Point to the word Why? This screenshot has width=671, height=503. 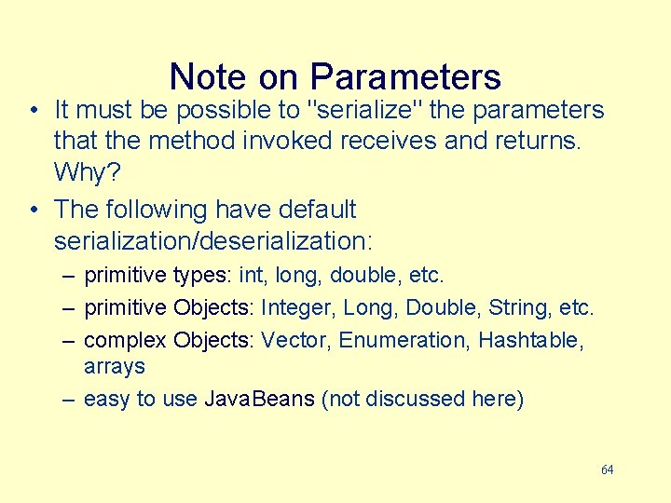pos(87,172)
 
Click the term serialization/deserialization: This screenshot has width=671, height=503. pos(213,241)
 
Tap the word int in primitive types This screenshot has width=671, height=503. pos(251,276)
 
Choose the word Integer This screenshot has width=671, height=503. pos(298,307)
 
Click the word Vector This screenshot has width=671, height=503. pos(296,340)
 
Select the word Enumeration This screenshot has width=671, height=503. pos(404,340)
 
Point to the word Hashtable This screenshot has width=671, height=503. pos(530,340)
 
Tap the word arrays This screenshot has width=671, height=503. pos(114,367)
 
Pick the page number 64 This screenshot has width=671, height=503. pos(607,469)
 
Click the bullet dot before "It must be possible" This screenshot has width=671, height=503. pos(33,111)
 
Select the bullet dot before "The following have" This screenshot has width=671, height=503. pos(33,211)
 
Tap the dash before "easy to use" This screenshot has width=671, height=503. pos(68,400)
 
